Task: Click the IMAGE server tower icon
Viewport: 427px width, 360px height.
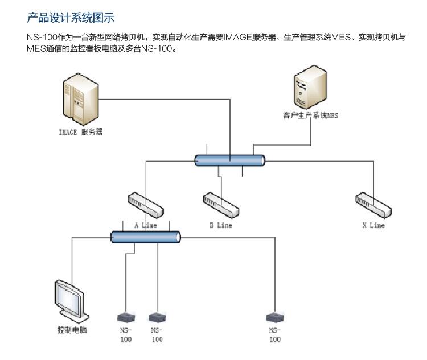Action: (x=77, y=102)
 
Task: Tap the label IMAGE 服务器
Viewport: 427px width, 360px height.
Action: (x=81, y=133)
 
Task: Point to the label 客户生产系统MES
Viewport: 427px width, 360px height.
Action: (x=310, y=115)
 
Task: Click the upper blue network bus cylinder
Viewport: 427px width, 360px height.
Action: (x=230, y=161)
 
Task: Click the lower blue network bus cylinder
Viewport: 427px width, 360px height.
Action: (x=146, y=237)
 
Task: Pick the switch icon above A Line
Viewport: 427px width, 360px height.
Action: (x=143, y=203)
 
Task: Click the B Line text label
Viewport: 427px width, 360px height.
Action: (x=220, y=226)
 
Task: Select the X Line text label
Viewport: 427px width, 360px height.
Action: (x=373, y=226)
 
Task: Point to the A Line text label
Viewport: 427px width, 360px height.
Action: (x=145, y=226)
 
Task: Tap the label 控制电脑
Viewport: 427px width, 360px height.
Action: (x=72, y=330)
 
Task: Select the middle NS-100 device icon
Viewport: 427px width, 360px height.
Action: (x=157, y=317)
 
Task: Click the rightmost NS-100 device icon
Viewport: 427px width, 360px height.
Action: (x=275, y=317)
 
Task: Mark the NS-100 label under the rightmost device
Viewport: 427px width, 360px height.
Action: (x=275, y=334)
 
